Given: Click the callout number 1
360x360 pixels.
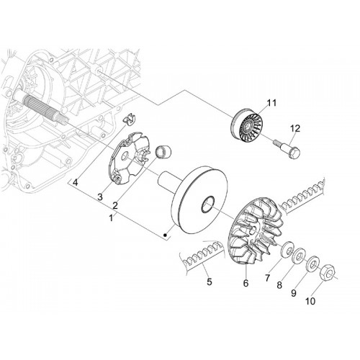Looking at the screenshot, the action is [x=111, y=218].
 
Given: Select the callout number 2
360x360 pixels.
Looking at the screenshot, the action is [x=115, y=205].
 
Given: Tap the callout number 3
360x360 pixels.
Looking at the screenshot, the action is [x=100, y=197].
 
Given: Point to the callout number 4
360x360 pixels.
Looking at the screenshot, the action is [x=76, y=183].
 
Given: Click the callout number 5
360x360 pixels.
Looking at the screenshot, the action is [x=210, y=282].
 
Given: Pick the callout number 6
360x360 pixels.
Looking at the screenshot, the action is [x=246, y=283].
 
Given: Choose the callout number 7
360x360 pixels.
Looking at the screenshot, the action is [x=267, y=278].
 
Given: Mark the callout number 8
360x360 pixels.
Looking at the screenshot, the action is [x=279, y=285].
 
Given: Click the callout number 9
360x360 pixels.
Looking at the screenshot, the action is [x=294, y=293].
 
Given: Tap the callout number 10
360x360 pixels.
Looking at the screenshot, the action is [x=310, y=301].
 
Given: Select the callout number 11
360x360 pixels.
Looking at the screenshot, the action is [x=271, y=103].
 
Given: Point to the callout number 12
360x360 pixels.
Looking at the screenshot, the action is [x=295, y=129].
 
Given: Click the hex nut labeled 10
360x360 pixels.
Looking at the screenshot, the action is [x=328, y=274].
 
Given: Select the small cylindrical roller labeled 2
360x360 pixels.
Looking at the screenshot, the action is [x=163, y=152].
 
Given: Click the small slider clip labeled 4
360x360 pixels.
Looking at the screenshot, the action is [x=130, y=118].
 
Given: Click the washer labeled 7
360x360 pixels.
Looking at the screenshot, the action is [x=287, y=250].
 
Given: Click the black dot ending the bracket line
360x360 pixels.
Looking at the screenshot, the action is [x=165, y=235].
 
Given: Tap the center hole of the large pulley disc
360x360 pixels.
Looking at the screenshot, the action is [x=207, y=204].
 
